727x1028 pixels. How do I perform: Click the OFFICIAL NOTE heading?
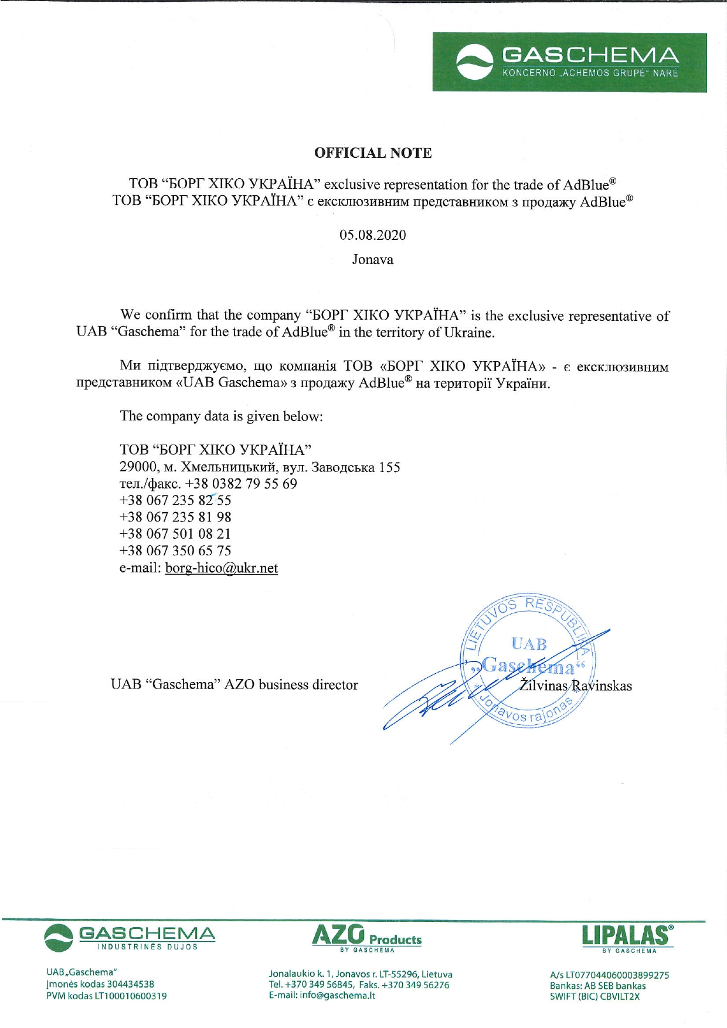(x=373, y=153)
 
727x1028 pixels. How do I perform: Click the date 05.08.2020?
(x=373, y=235)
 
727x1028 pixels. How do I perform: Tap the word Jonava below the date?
(x=373, y=259)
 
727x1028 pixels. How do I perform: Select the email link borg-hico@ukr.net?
(x=222, y=568)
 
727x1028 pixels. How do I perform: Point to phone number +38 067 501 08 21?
(x=175, y=534)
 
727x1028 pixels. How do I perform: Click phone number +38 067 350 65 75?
(x=175, y=551)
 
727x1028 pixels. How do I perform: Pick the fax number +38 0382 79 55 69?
(x=241, y=484)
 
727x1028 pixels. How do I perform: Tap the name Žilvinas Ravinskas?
(x=576, y=686)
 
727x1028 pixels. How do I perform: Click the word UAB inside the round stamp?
(x=529, y=644)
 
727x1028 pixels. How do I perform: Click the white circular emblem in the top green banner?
(x=475, y=62)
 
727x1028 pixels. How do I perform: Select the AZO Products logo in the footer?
(x=367, y=937)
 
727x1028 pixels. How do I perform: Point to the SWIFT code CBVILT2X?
(x=620, y=996)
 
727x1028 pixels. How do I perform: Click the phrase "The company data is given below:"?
(x=222, y=416)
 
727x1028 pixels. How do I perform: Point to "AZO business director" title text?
(x=291, y=685)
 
